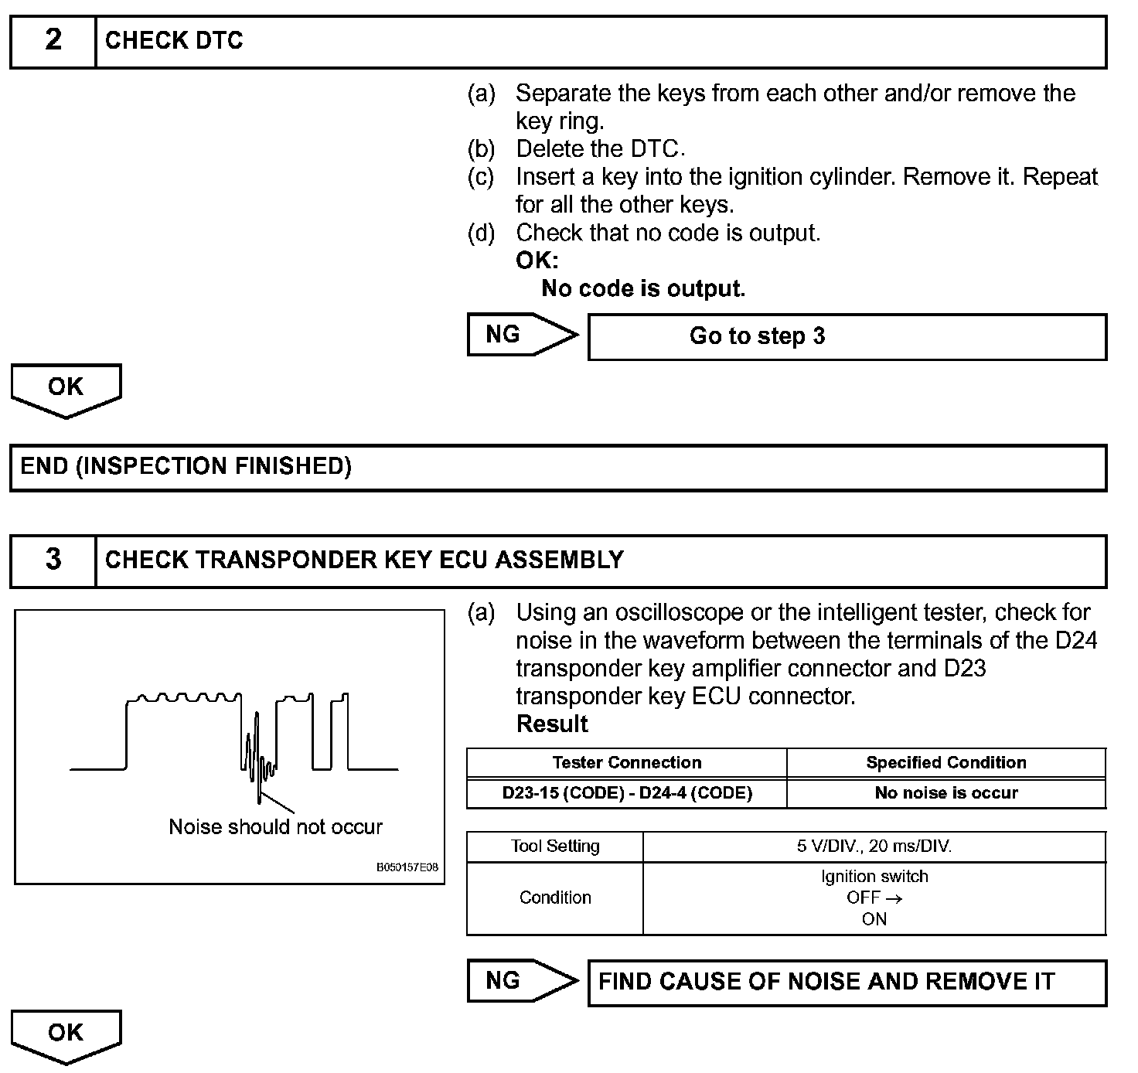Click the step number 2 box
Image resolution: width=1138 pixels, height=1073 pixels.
coord(53,40)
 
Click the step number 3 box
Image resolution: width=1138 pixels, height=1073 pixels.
coord(53,560)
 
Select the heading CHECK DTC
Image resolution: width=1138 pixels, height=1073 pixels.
coord(174,40)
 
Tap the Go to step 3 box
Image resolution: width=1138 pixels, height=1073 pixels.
coord(847,336)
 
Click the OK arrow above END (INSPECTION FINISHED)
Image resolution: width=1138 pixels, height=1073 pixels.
coord(66,388)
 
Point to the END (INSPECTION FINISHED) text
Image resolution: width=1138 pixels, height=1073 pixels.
coord(186,466)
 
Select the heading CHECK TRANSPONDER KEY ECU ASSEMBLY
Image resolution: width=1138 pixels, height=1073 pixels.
coord(364,560)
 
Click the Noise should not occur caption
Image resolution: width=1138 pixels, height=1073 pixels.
coord(275,827)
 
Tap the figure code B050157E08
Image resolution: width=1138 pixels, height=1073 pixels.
coord(407,867)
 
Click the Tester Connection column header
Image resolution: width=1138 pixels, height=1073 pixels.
coord(627,763)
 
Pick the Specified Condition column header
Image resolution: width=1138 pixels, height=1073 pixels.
coord(946,763)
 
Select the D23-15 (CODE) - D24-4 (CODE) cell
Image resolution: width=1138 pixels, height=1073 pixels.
coord(627,793)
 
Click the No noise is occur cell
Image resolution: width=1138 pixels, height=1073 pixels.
coord(946,793)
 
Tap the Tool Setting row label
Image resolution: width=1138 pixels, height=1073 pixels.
coord(555,846)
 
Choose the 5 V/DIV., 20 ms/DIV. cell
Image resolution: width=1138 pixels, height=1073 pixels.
coord(874,846)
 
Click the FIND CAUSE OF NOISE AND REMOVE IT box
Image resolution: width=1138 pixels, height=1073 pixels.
coord(847,982)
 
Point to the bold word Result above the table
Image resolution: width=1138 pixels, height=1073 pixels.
coord(552,724)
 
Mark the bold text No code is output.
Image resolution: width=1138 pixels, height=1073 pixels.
coord(643,289)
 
